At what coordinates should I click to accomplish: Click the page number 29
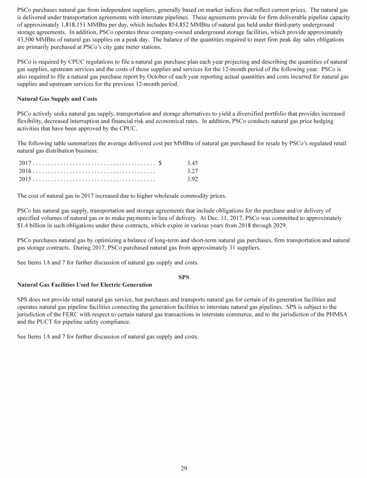[183, 468]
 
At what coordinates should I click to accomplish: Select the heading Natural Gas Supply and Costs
[57, 99]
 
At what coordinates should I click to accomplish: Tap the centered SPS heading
[183, 277]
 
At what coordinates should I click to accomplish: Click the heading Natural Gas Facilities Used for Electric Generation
[85, 285]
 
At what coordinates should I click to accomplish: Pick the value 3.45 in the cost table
[193, 163]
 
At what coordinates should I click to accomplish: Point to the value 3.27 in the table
[193, 171]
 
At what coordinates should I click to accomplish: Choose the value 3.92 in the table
[193, 179]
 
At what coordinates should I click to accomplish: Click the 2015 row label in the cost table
[24, 179]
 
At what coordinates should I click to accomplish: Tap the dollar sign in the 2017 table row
[160, 163]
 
